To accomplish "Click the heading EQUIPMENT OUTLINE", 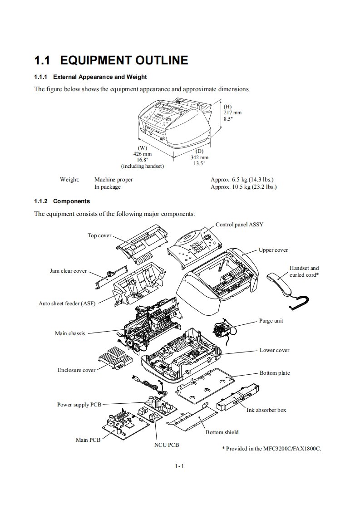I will tap(123, 60).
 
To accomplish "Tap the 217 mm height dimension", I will tap(232, 113).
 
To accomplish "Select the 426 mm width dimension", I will tap(143, 154).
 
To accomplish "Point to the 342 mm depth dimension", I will tap(199, 157).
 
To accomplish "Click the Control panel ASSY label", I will tap(239, 225).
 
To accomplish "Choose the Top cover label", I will tap(99, 235).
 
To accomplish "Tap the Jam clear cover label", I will tap(68, 271).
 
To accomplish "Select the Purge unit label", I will tap(271, 321).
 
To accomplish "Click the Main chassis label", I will tap(70, 333).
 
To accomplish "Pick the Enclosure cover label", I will tap(77, 370).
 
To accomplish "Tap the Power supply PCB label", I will tap(79, 405).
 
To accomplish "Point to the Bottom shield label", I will tap(222, 432).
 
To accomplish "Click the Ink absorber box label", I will tap(266, 410).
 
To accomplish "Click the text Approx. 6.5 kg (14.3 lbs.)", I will tap(242, 180).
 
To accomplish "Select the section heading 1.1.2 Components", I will tap(62, 201).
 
